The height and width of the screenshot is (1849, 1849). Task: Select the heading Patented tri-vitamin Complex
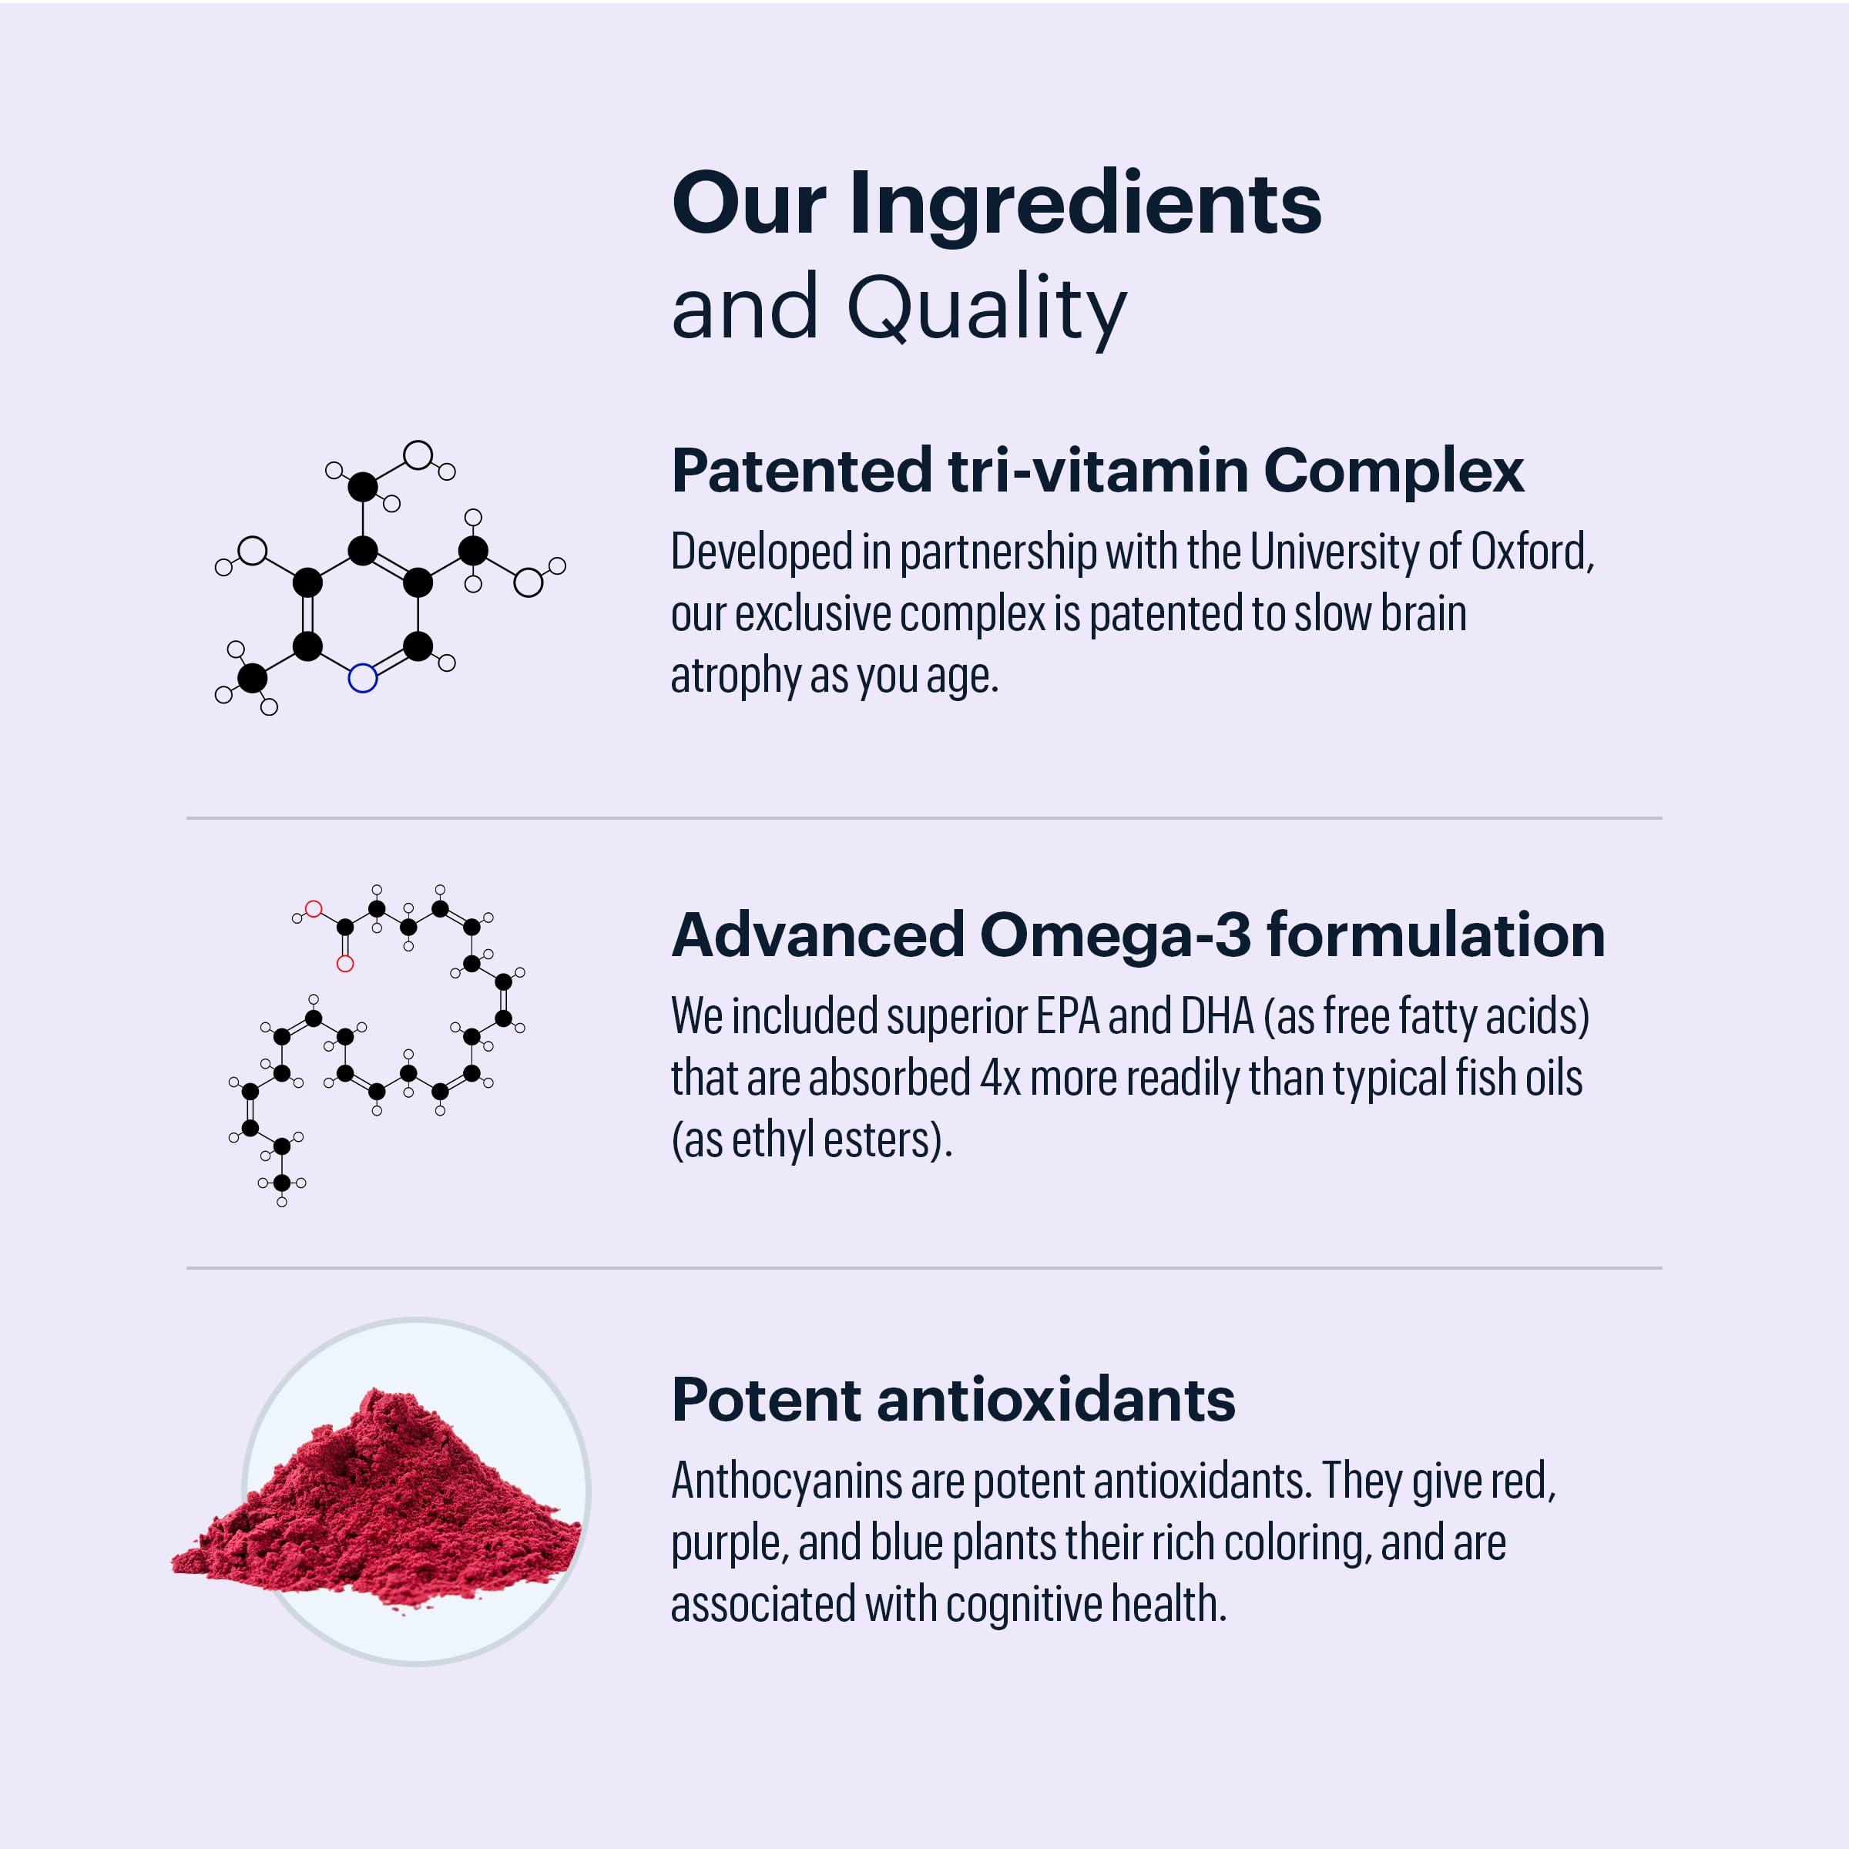tap(1097, 471)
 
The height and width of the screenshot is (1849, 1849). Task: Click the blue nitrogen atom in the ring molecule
tap(363, 679)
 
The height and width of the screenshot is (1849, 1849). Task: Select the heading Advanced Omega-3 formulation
tap(1138, 935)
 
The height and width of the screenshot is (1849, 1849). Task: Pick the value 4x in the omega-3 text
tap(1000, 1079)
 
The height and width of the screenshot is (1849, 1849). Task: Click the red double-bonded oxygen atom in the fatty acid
tap(345, 964)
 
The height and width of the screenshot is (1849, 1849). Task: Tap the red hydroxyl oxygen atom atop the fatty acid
tap(313, 909)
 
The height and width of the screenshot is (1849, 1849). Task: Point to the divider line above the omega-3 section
tap(924, 818)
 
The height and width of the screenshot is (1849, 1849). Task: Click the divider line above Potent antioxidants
tap(924, 1268)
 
